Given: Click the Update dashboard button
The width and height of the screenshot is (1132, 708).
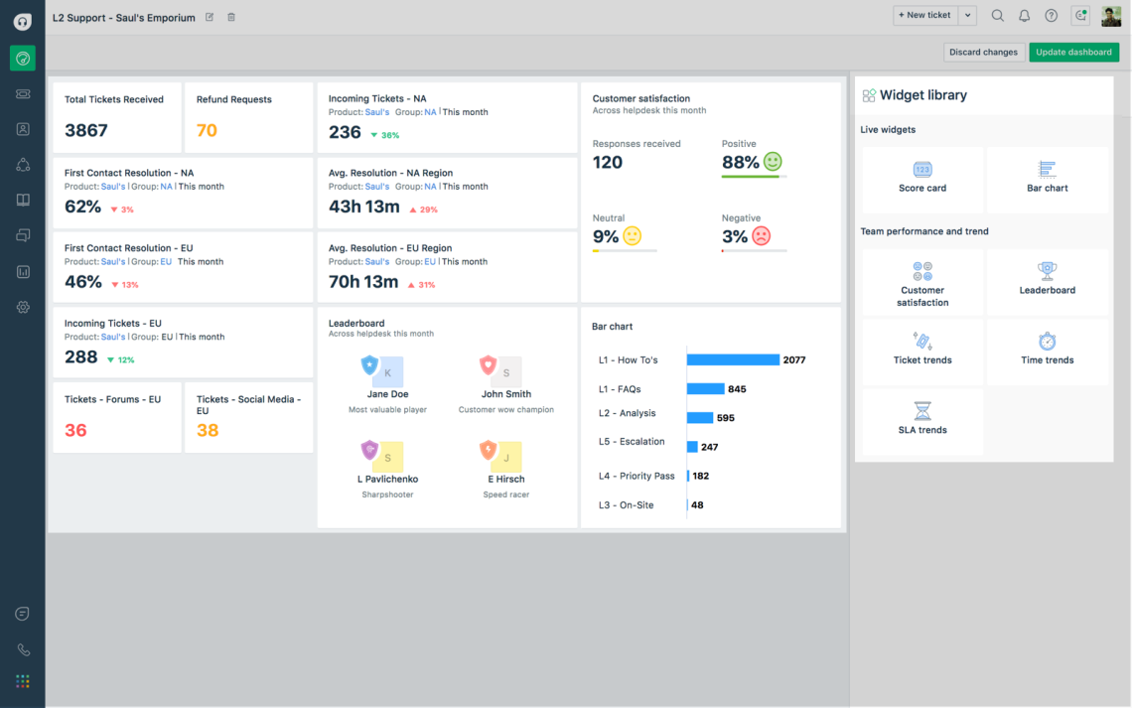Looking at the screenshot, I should pyautogui.click(x=1073, y=52).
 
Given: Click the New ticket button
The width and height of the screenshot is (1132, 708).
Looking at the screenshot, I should pyautogui.click(x=923, y=15).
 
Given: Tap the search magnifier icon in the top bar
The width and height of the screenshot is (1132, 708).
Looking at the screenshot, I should pyautogui.click(x=998, y=15).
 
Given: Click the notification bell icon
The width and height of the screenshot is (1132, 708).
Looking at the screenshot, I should pyautogui.click(x=1025, y=15).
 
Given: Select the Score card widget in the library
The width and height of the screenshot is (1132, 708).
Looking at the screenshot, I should pyautogui.click(x=922, y=178).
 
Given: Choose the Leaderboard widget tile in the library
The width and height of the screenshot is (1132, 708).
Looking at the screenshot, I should pyautogui.click(x=1047, y=279).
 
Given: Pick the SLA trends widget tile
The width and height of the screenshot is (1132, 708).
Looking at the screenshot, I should pyautogui.click(x=922, y=419).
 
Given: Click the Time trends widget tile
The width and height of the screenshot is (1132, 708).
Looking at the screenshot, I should pyautogui.click(x=1047, y=350).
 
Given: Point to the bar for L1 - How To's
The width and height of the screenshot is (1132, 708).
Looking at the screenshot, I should pyautogui.click(x=733, y=359).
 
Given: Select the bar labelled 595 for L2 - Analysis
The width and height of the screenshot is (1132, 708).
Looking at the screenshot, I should pyautogui.click(x=700, y=418).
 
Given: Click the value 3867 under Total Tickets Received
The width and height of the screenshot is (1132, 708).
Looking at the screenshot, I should pyautogui.click(x=86, y=130).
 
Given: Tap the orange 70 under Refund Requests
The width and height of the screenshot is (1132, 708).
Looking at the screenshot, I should pyautogui.click(x=207, y=130).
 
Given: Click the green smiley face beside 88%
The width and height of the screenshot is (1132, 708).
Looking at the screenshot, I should pyautogui.click(x=773, y=161).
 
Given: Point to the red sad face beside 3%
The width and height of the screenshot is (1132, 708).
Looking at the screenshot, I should pyautogui.click(x=761, y=236).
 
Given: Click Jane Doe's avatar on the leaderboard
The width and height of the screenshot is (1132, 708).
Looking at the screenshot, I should pyautogui.click(x=385, y=371).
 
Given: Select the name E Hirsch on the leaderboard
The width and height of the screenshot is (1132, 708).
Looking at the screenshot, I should pyautogui.click(x=505, y=479).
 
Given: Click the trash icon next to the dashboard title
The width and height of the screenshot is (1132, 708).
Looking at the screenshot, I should pyautogui.click(x=231, y=17).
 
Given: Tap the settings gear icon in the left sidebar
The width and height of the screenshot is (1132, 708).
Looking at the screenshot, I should pyautogui.click(x=23, y=308).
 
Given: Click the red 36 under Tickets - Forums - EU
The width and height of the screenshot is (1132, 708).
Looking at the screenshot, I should pyautogui.click(x=75, y=430).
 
